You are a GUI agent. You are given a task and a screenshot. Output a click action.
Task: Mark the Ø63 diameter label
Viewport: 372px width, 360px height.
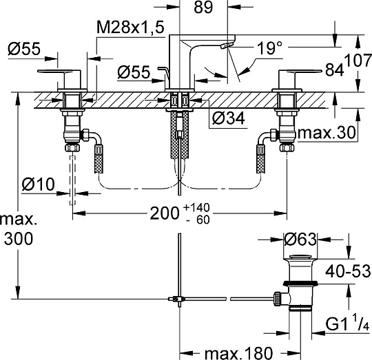[302, 240]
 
